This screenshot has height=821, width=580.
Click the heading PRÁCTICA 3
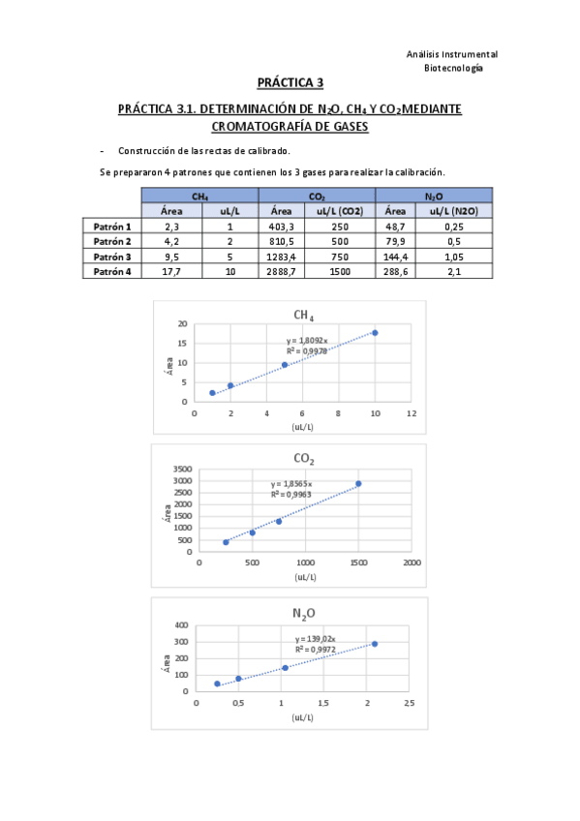pyautogui.click(x=290, y=83)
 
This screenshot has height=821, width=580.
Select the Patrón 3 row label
pyautogui.click(x=112, y=257)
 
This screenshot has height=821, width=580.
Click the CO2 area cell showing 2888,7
pyautogui.click(x=287, y=272)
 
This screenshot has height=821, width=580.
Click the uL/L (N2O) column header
pyautogui.click(x=452, y=210)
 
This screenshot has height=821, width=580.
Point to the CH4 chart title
pyautogui.click(x=303, y=316)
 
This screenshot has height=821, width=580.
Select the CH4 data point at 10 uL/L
pyautogui.click(x=375, y=333)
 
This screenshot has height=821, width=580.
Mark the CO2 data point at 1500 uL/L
pyautogui.click(x=358, y=484)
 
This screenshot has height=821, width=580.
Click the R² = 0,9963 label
pyautogui.click(x=291, y=494)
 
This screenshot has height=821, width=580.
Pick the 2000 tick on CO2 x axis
pyautogui.click(x=412, y=563)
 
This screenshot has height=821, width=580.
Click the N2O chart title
pyautogui.click(x=303, y=613)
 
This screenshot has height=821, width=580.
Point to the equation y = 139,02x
pyautogui.click(x=316, y=639)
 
